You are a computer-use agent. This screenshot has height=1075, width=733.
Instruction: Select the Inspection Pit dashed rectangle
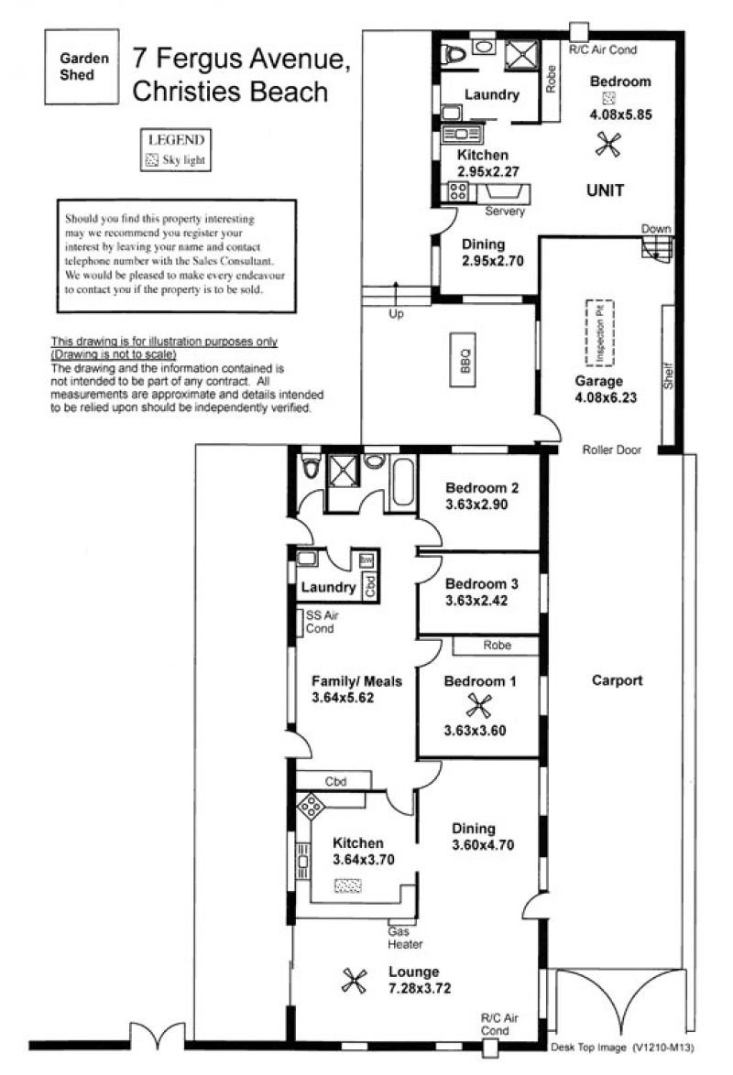[599, 333]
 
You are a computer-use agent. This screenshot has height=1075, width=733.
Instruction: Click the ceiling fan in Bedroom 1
[478, 705]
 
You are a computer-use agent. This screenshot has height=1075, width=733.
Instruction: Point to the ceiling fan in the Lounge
[355, 981]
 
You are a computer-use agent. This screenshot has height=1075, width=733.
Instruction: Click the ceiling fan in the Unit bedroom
[608, 144]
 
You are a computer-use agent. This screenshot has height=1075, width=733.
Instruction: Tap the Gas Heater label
[405, 938]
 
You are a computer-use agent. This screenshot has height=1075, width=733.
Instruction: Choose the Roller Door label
[611, 450]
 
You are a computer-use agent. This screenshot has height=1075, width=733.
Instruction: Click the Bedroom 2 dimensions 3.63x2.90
[476, 505]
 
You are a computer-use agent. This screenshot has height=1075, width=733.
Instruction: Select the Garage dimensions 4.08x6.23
[606, 397]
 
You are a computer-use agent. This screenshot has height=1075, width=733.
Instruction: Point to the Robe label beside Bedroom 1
[497, 646]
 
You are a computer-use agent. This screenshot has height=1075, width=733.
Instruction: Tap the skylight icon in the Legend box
[152, 160]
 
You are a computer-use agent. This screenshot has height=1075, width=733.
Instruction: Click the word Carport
[617, 680]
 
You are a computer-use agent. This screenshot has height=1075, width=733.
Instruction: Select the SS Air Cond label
[322, 622]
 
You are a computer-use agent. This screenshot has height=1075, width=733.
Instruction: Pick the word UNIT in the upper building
[605, 190]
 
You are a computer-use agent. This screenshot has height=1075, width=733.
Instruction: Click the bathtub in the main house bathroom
[403, 482]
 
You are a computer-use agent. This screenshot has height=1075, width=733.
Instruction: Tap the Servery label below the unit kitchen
[505, 212]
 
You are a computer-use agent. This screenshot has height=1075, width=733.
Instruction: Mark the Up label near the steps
[396, 314]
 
